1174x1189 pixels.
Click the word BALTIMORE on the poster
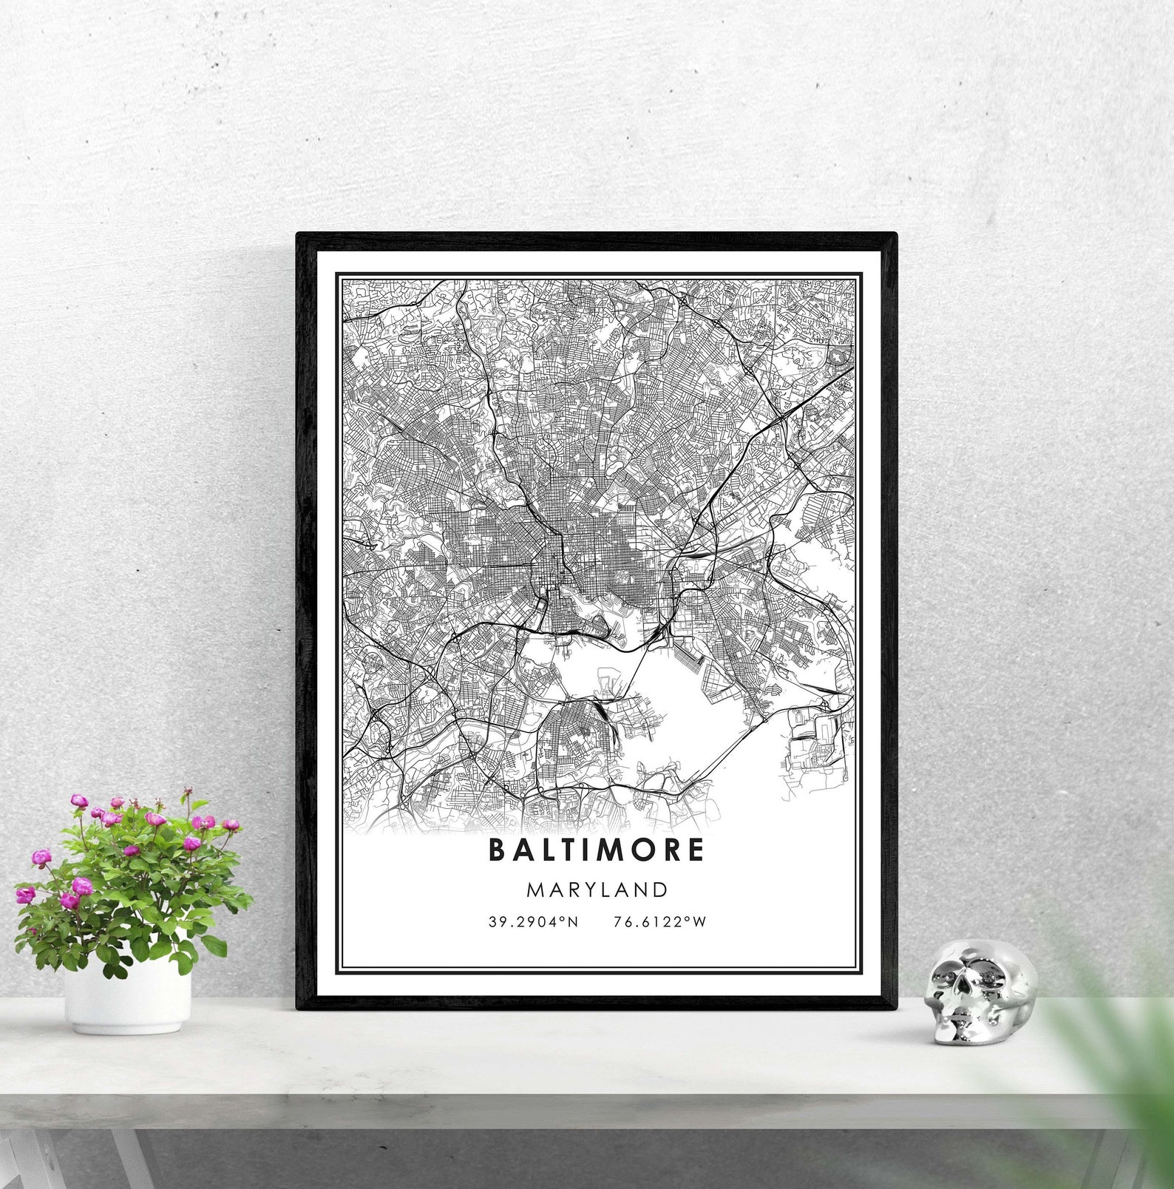pos(596,850)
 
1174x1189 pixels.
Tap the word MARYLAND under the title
pos(597,890)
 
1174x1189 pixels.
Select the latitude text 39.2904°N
pos(533,921)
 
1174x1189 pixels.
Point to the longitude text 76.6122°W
pos(659,921)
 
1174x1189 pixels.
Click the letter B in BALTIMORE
pos(497,850)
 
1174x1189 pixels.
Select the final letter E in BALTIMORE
pos(695,850)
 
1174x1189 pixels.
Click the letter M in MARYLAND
pos(535,890)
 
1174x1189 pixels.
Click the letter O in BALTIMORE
pos(641,850)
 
